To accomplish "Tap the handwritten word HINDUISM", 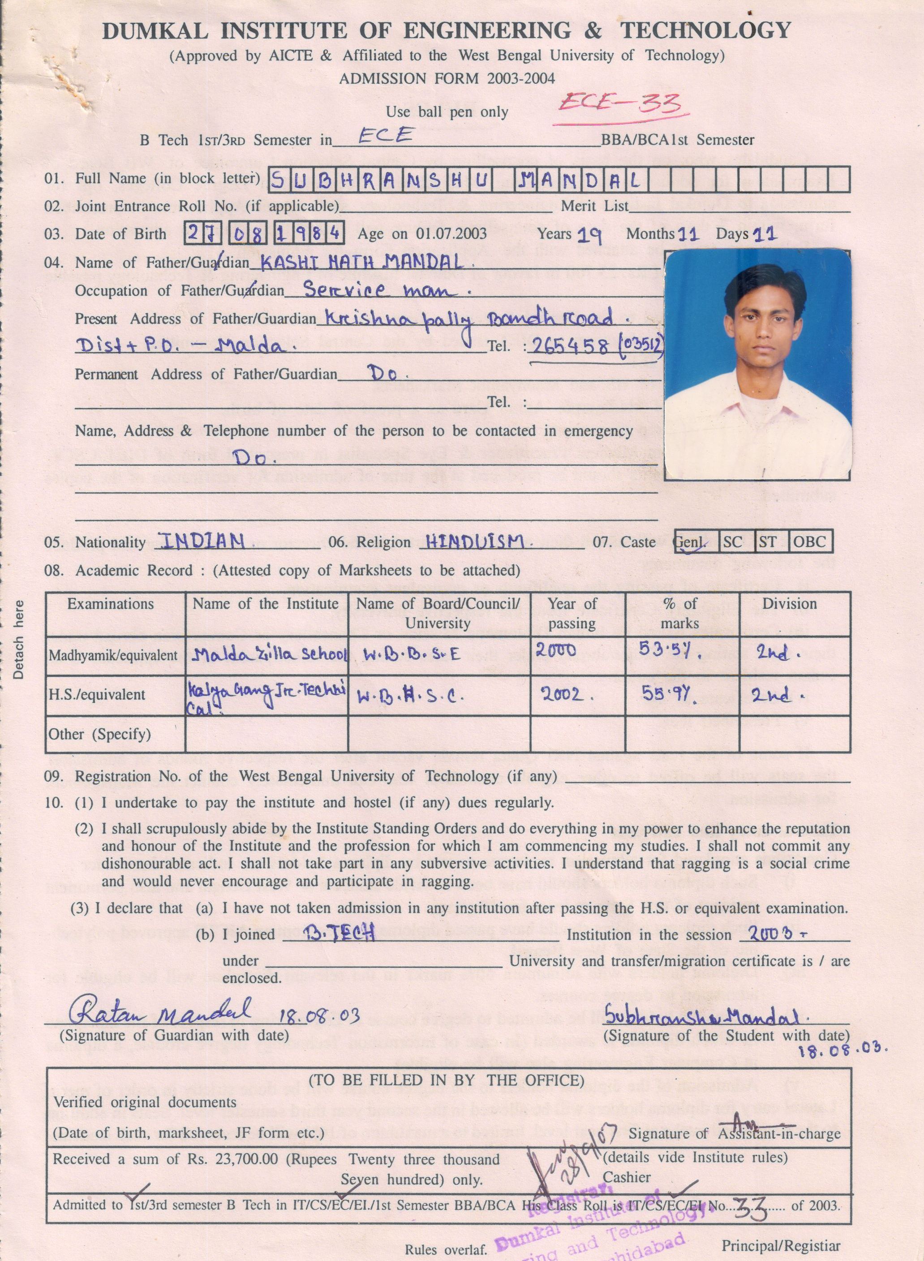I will (x=475, y=541).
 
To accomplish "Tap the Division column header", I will (x=789, y=604).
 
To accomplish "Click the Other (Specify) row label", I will (x=99, y=734).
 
